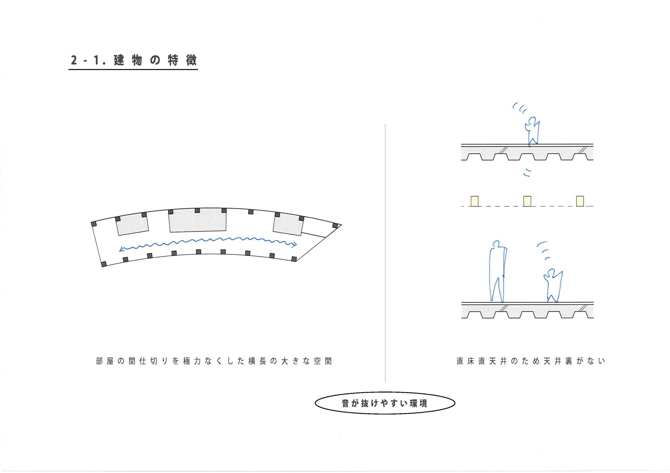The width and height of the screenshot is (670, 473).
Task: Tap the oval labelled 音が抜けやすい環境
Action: click(385, 403)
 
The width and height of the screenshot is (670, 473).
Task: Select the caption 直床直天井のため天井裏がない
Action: click(531, 361)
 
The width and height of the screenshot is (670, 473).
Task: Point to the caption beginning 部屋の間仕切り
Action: click(214, 361)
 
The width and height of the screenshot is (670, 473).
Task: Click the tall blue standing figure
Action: click(498, 271)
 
